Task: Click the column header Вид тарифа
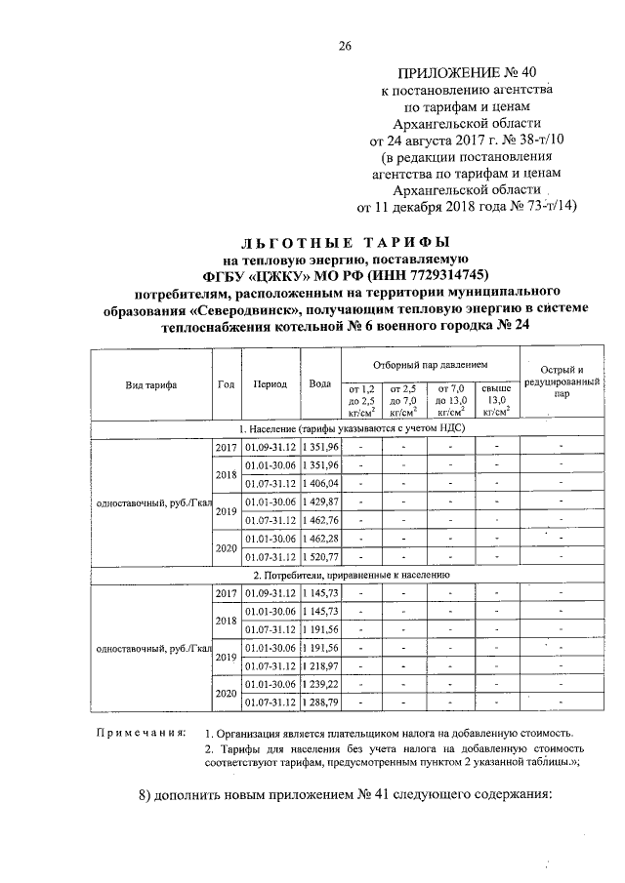coord(150,384)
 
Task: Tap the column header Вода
coord(319,384)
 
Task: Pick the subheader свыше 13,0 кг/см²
coord(496,400)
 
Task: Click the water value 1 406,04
coord(319,483)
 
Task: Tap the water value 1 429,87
coord(319,501)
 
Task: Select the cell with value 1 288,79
coord(319,701)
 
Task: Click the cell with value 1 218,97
coord(319,664)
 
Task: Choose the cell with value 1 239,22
coord(319,683)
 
